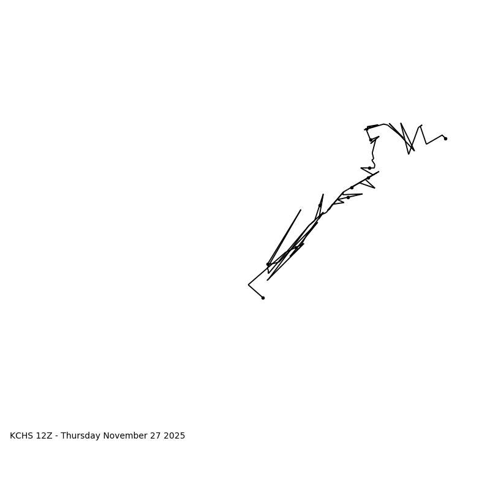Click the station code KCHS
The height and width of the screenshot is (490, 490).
click(x=22, y=436)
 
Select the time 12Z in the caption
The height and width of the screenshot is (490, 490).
click(x=45, y=436)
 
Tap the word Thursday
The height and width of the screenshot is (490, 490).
click(x=81, y=436)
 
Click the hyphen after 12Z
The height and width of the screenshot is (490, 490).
click(x=56, y=436)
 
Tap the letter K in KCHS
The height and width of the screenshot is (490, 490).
click(x=13, y=436)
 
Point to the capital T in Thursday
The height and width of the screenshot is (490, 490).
click(x=63, y=436)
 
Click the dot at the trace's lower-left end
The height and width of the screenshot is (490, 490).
click(x=263, y=298)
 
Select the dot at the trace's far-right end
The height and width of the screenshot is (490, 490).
click(x=445, y=138)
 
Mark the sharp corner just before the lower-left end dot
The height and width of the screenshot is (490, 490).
click(x=249, y=285)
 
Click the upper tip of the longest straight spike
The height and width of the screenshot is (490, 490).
click(x=301, y=210)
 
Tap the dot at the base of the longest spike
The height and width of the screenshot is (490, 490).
click(x=268, y=265)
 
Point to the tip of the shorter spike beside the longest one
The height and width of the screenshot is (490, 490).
click(x=323, y=195)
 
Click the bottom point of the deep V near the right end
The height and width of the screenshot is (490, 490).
click(x=409, y=154)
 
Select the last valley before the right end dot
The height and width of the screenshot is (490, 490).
click(x=426, y=144)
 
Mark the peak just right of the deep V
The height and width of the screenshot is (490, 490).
click(x=421, y=126)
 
